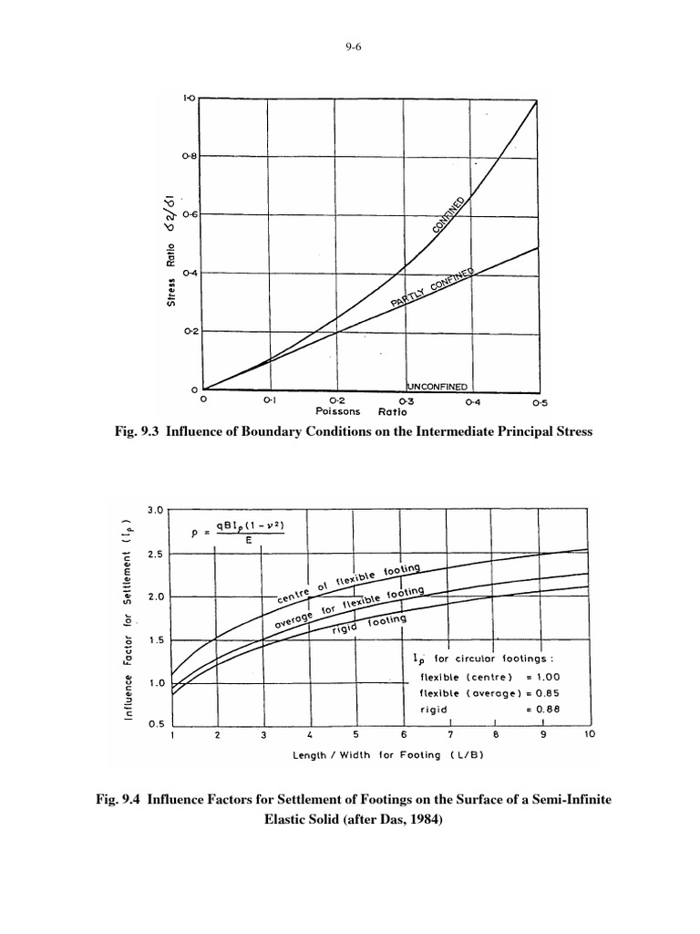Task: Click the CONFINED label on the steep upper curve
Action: pos(450,216)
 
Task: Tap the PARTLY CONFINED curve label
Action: pos(434,290)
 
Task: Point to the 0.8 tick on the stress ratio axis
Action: pos(190,157)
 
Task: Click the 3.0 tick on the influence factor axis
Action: pos(153,511)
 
